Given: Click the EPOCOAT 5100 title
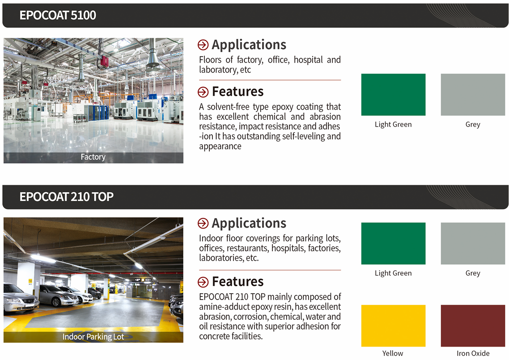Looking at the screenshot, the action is [58, 15].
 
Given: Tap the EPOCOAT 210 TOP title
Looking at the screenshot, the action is [67, 197].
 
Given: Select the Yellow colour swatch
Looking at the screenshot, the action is [393, 326].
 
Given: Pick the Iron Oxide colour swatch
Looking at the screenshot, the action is [473, 326].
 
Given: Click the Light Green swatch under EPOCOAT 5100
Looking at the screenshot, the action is [393, 94].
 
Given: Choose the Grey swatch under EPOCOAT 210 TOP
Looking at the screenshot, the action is [473, 243].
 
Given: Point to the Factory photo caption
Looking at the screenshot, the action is [93, 157].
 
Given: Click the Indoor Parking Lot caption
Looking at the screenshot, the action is [93, 337].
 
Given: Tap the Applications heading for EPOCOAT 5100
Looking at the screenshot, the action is [249, 45].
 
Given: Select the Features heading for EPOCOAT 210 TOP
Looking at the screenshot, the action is [238, 281].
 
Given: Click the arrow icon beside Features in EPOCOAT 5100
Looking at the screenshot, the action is [203, 92].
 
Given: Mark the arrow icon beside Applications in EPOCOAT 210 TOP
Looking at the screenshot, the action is [203, 223].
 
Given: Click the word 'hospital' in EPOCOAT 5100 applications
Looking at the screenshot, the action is [308, 60].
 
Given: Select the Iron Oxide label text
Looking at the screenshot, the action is [473, 353].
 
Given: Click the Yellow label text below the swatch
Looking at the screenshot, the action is [393, 353].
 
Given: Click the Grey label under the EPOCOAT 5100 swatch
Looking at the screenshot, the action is [473, 125].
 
